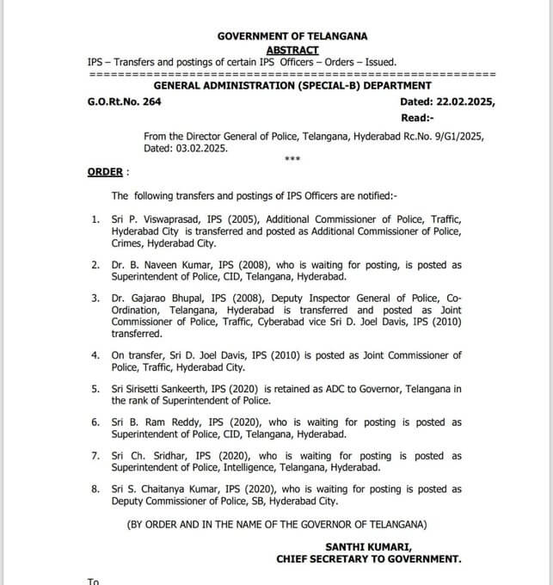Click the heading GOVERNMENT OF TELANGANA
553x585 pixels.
(x=292, y=36)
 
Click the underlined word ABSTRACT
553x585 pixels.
(x=292, y=50)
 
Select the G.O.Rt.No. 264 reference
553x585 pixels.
(x=124, y=102)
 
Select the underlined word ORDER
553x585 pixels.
(x=105, y=172)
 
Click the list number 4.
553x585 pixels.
(x=95, y=355)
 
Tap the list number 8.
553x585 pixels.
(x=95, y=490)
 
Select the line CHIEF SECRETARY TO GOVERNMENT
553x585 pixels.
(x=369, y=559)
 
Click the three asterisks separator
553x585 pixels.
(x=292, y=160)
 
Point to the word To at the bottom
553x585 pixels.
(x=94, y=582)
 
